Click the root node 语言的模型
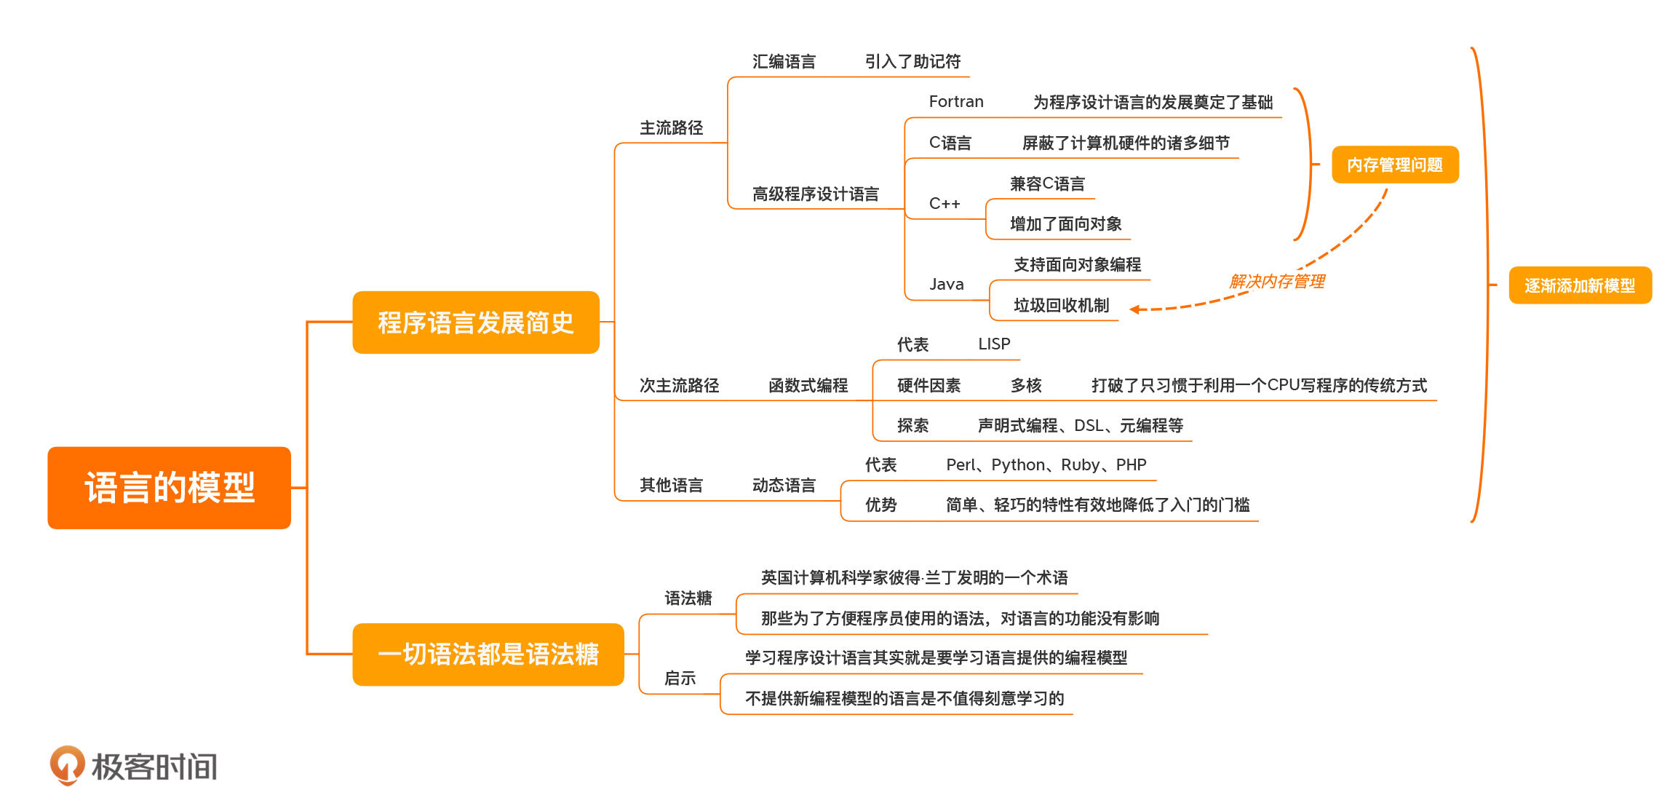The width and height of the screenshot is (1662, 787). pyautogui.click(x=169, y=487)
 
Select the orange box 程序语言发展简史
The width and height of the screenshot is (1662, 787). pyautogui.click(x=475, y=323)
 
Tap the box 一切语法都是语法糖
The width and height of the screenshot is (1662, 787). pyautogui.click(x=488, y=654)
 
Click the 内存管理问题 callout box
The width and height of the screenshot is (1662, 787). pyautogui.click(x=1394, y=165)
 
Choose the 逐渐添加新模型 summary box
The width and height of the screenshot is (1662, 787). pyautogui.click(x=1579, y=285)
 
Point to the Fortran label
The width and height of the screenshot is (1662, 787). pyautogui.click(x=955, y=102)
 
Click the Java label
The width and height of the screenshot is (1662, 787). pyautogui.click(x=946, y=285)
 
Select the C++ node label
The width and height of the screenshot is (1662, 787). pyautogui.click(x=944, y=204)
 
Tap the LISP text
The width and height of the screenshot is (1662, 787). pyautogui.click(x=993, y=344)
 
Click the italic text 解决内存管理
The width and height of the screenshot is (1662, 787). pyautogui.click(x=1276, y=281)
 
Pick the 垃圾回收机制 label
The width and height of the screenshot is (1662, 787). pyautogui.click(x=1061, y=305)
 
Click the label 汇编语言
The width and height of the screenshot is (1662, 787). pyautogui.click(x=784, y=62)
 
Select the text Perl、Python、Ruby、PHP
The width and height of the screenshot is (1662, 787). pyautogui.click(x=1046, y=465)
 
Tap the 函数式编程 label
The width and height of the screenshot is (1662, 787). pyautogui.click(x=808, y=385)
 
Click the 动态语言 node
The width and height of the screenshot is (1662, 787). pyautogui.click(x=784, y=485)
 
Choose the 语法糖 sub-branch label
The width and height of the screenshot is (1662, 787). pyautogui.click(x=688, y=598)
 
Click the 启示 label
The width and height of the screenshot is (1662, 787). pyautogui.click(x=680, y=679)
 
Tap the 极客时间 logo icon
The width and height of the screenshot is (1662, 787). pyautogui.click(x=67, y=764)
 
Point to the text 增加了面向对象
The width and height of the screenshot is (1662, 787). pyautogui.click(x=1065, y=224)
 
